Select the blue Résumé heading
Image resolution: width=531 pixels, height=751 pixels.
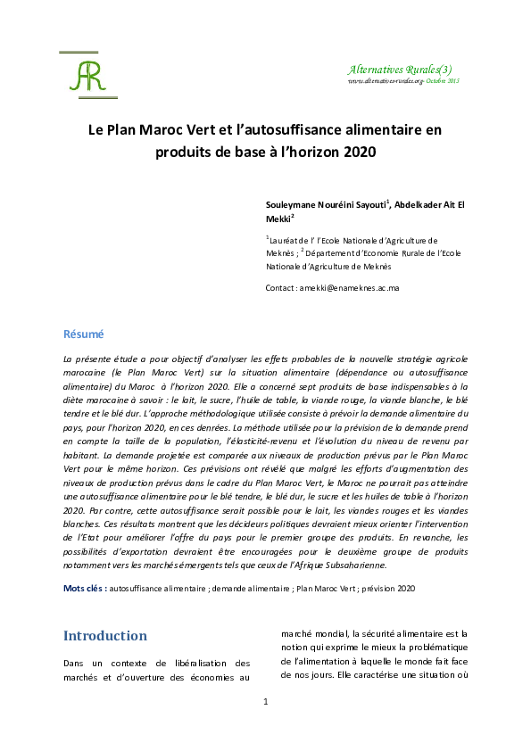click(83, 334)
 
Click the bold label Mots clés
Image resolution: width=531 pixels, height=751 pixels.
click(84, 589)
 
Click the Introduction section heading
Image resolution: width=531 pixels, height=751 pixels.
click(104, 636)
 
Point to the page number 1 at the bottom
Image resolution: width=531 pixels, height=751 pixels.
click(265, 702)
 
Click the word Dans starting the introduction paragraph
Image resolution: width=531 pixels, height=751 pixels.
click(74, 663)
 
